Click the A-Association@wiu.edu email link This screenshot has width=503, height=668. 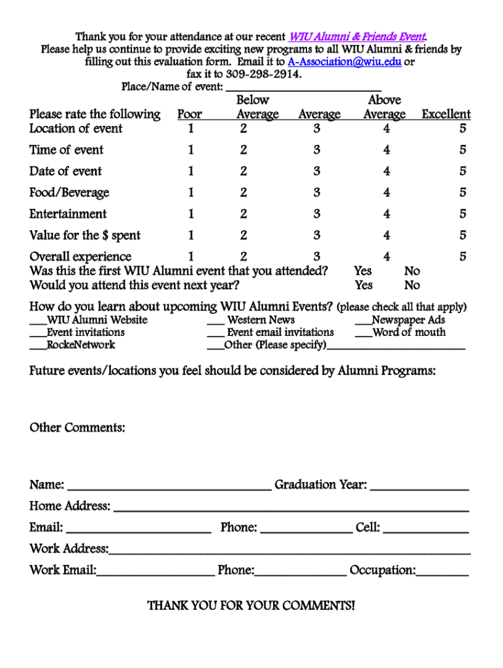point(344,62)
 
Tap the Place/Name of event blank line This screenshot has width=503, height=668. point(303,87)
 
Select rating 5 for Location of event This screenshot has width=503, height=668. point(462,129)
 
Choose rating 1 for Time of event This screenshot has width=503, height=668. point(191,150)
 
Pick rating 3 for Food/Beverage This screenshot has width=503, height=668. point(317,192)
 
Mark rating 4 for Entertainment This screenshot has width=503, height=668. point(387,214)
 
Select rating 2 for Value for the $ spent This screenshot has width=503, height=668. point(243,235)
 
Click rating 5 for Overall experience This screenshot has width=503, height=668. point(462,257)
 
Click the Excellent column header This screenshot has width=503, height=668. point(446,115)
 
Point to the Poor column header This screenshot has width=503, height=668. point(190,115)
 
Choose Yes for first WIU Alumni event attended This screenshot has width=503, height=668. point(363,271)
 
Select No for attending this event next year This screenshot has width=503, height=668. point(412,285)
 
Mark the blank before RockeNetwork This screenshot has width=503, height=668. point(37,346)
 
